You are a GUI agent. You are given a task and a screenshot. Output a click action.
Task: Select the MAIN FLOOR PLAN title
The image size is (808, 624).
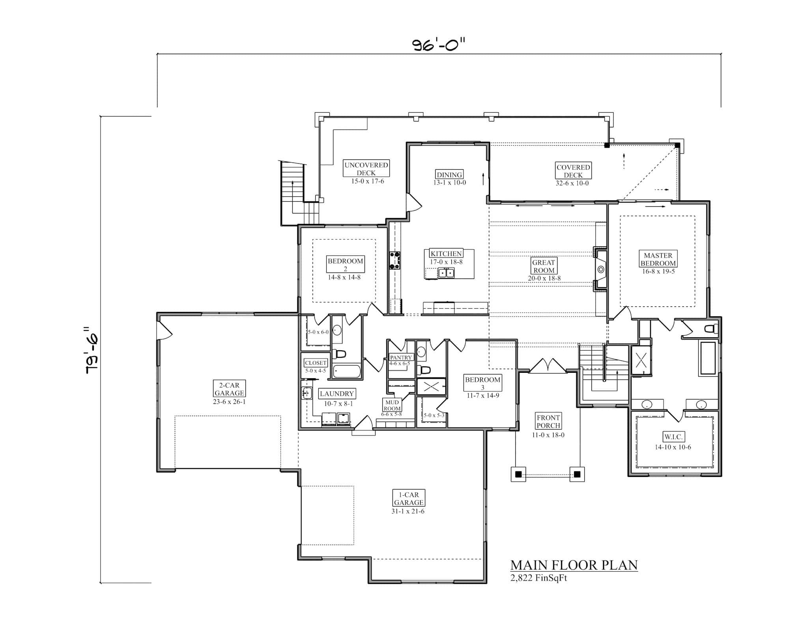click(574, 565)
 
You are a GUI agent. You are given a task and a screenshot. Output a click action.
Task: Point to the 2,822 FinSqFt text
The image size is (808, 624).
click(539, 578)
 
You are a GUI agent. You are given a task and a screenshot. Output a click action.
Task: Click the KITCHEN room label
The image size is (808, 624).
click(446, 254)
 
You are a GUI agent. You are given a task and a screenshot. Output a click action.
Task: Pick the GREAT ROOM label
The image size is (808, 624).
click(543, 266)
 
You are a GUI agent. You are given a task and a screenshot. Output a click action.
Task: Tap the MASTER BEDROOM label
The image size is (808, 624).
click(658, 259)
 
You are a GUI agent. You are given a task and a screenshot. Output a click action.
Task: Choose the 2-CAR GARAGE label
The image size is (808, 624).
click(229, 389)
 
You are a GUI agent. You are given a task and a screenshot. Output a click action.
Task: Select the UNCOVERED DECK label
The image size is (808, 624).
click(366, 169)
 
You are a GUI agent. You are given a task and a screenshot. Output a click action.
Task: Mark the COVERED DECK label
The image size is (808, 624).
click(573, 171)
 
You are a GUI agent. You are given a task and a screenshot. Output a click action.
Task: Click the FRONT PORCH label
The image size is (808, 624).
click(548, 421)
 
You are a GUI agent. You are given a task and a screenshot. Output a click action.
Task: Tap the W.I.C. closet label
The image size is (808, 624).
click(673, 437)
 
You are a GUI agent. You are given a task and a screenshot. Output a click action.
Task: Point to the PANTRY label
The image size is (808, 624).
click(400, 357)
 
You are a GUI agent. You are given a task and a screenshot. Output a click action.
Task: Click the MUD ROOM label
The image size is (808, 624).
click(392, 405)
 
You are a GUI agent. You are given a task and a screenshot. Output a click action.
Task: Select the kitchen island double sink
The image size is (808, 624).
click(446, 273)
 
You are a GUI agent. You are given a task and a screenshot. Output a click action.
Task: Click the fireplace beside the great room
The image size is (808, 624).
click(600, 269)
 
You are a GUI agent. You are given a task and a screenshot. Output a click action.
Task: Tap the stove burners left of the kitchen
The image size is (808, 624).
click(395, 260)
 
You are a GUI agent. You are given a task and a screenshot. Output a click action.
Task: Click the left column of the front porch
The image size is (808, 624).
click(518, 474)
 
